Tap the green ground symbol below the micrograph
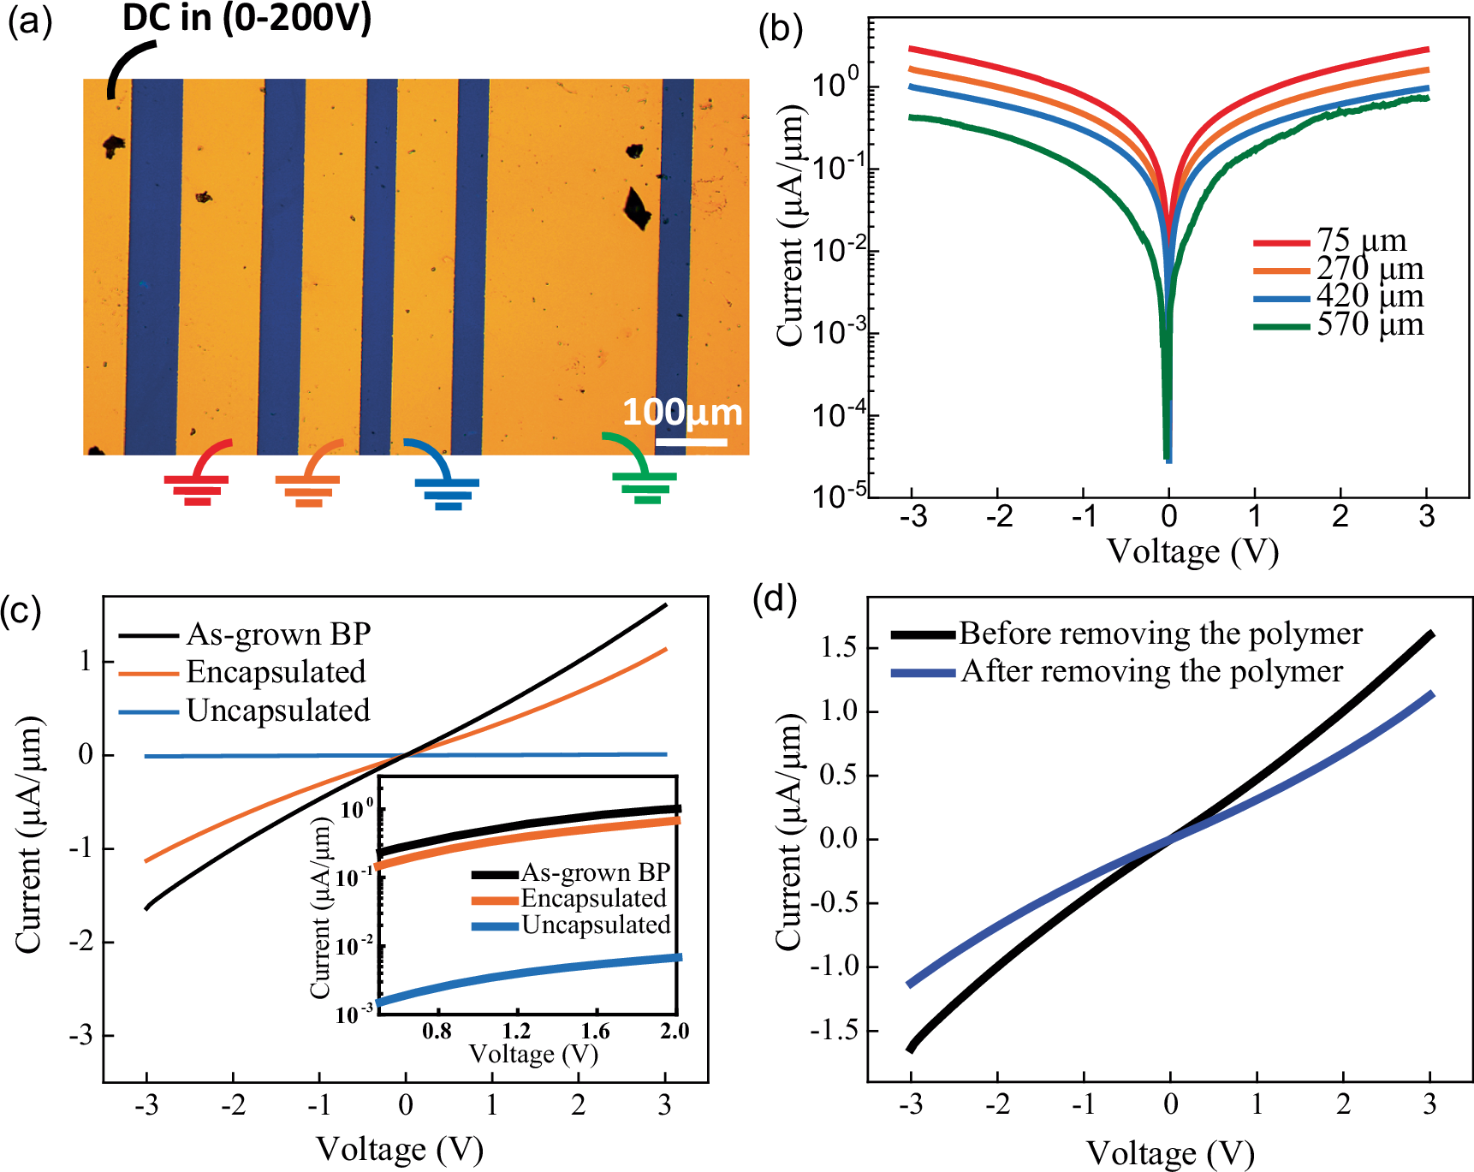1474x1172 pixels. pyautogui.click(x=645, y=485)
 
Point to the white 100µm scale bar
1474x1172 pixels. pyautogui.click(x=691, y=443)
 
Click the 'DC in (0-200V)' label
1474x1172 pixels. pyautogui.click(x=247, y=18)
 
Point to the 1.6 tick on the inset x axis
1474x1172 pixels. pyautogui.click(x=595, y=1031)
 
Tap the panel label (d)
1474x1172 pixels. pyautogui.click(x=774, y=598)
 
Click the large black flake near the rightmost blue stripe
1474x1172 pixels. pyautogui.click(x=635, y=208)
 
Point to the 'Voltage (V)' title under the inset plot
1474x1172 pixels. pyautogui.click(x=533, y=1054)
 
